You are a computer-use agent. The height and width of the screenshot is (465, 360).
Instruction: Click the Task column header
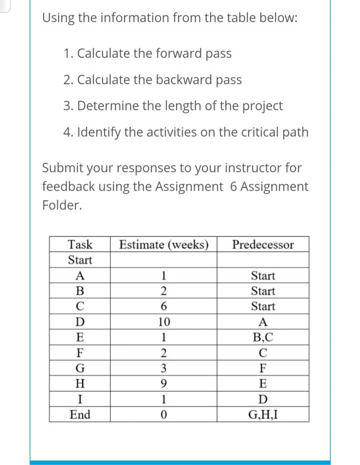[80, 244]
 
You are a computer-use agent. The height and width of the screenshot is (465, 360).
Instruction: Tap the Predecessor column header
[263, 244]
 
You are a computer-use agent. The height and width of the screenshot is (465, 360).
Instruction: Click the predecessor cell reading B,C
[263, 338]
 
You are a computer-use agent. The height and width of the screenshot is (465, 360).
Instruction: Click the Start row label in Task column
[80, 260]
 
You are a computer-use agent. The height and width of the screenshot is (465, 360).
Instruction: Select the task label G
[80, 368]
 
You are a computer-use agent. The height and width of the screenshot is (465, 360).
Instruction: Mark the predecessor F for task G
[263, 368]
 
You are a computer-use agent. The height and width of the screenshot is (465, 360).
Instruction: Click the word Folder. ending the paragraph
[61, 205]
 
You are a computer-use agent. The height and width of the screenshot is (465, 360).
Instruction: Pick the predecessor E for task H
[263, 384]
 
